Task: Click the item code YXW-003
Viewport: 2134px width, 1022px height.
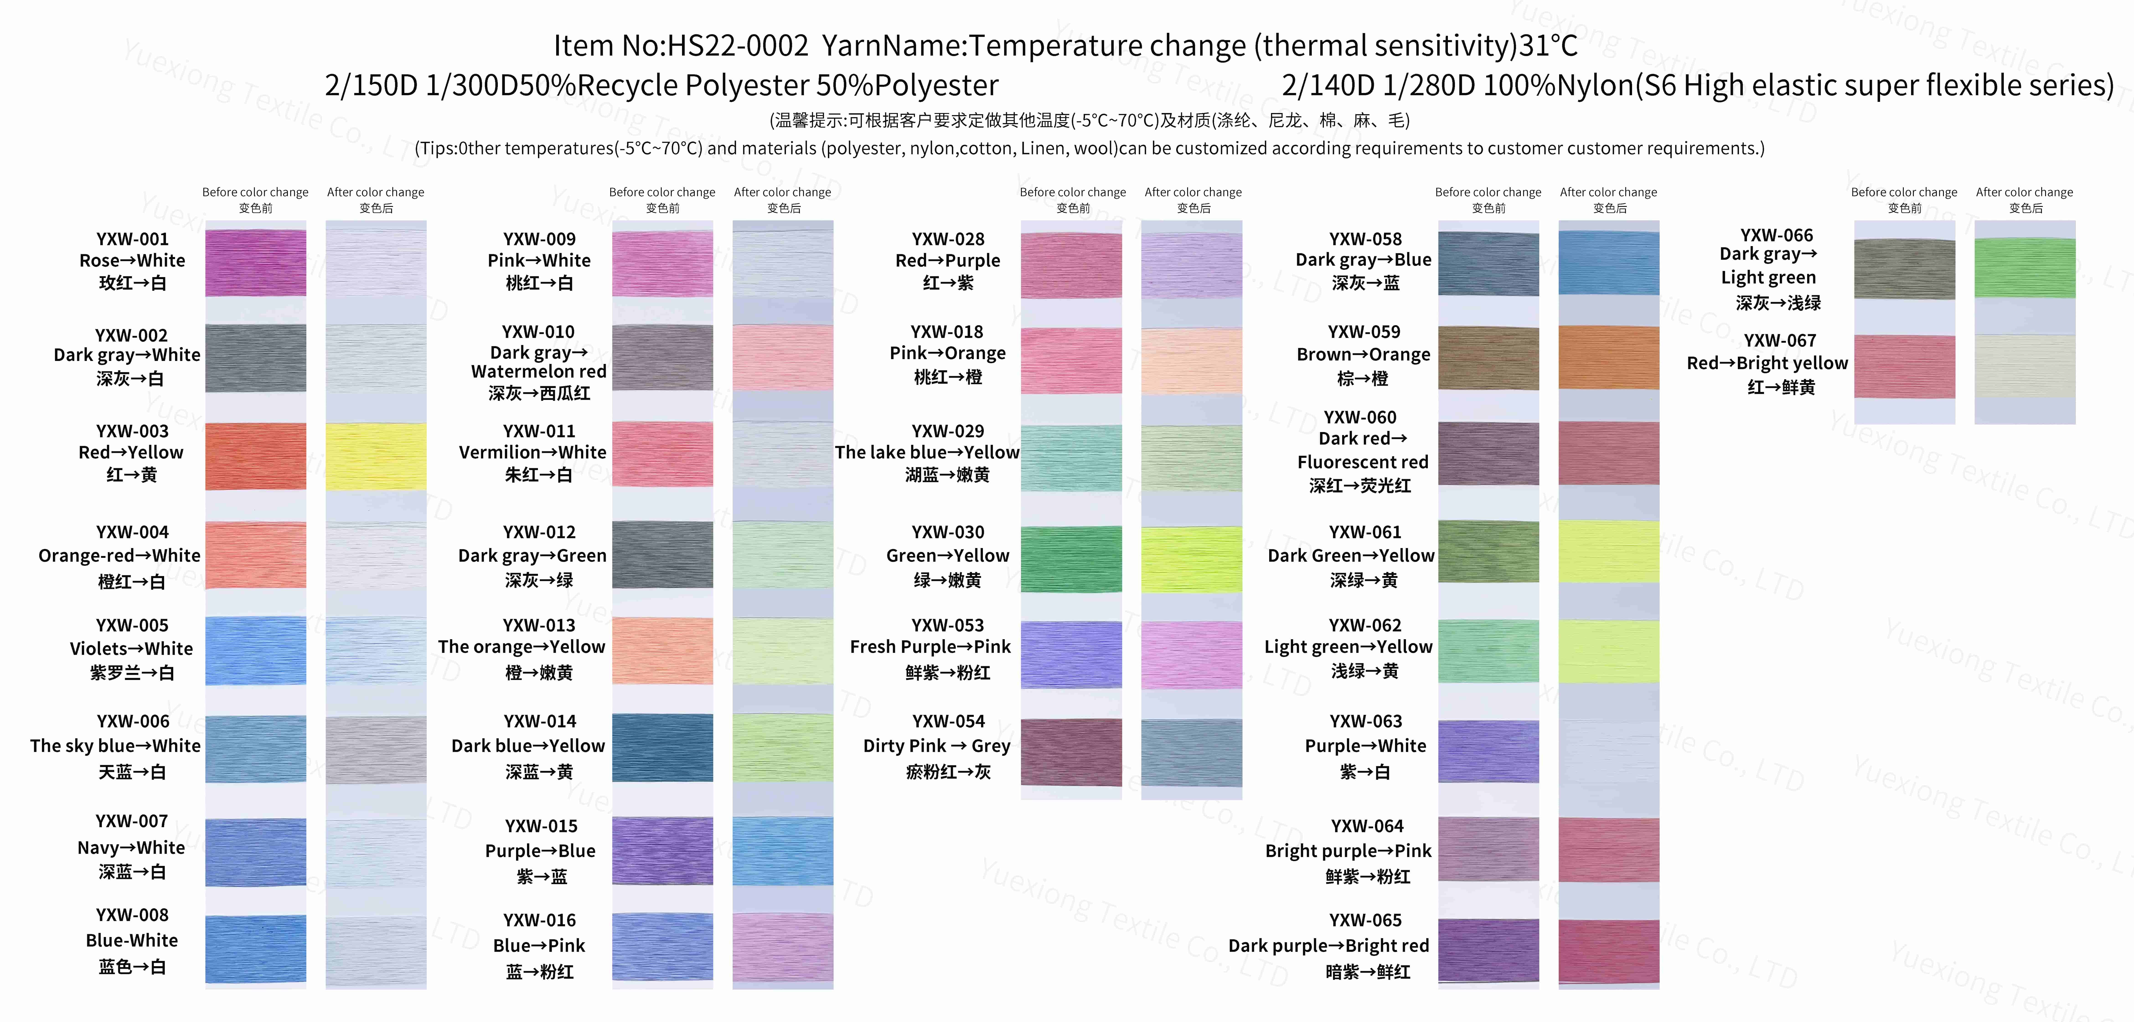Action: pyautogui.click(x=132, y=431)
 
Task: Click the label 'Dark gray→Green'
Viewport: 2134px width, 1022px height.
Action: pyautogui.click(x=532, y=556)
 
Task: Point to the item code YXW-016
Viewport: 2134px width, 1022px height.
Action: pyautogui.click(x=539, y=920)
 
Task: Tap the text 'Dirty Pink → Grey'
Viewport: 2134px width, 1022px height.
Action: pyautogui.click(x=936, y=746)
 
